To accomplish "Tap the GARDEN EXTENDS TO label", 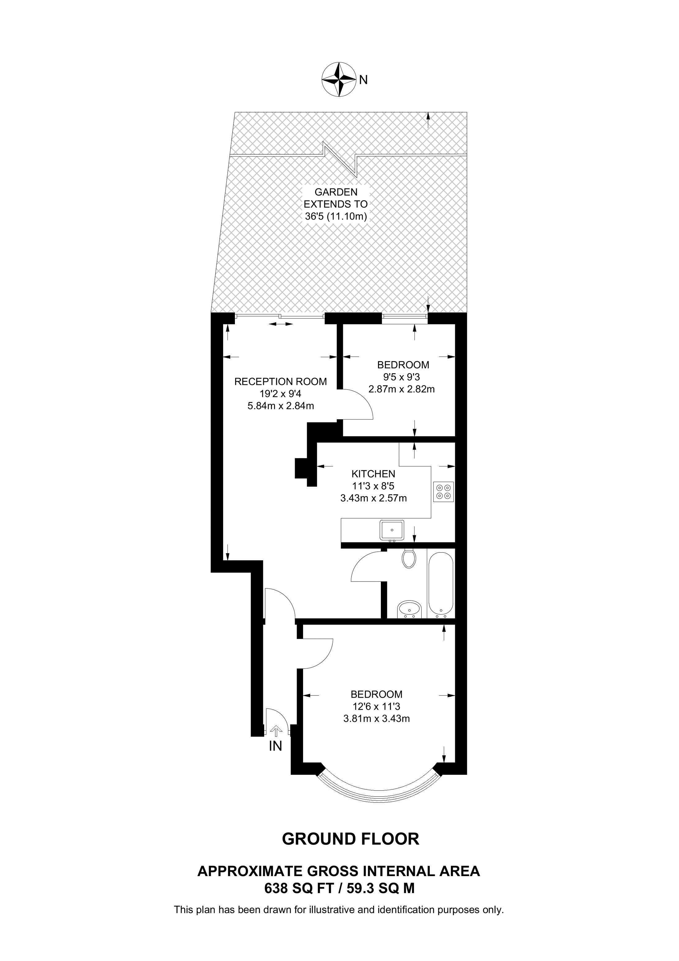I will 335,204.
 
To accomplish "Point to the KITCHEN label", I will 373,474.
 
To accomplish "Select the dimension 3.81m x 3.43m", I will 376,719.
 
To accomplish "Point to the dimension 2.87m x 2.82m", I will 401,389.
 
